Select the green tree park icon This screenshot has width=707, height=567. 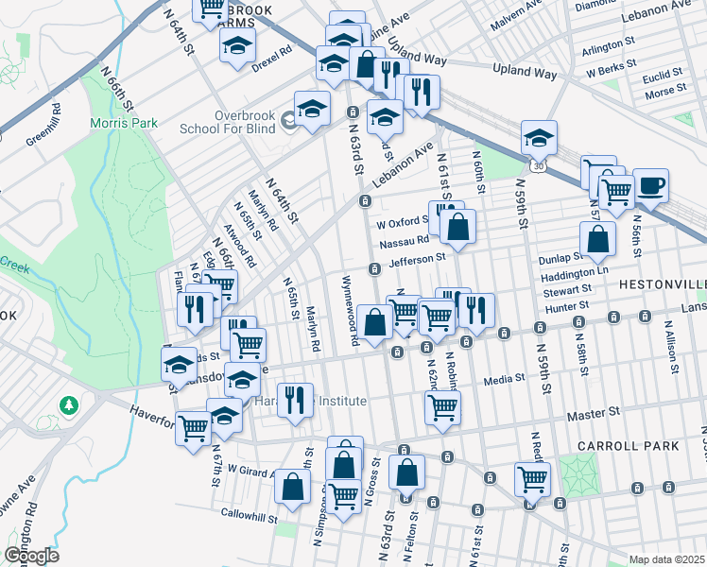[68, 405]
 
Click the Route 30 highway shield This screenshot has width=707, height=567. [537, 165]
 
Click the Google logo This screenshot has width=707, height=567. [31, 555]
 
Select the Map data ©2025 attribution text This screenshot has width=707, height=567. [665, 559]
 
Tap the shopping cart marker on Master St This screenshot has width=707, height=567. [443, 407]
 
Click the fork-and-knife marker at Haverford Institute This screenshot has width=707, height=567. [295, 400]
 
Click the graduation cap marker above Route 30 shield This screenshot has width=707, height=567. [539, 138]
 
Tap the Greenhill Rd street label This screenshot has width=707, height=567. [43, 125]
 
